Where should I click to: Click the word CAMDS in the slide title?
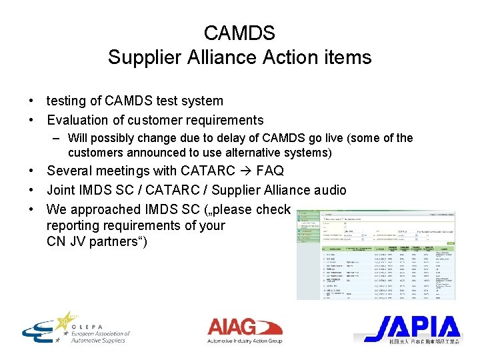pyautogui.click(x=239, y=33)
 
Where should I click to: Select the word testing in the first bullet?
pyautogui.click(x=67, y=101)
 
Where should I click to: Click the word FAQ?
pyautogui.click(x=269, y=171)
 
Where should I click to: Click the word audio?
pyautogui.click(x=327, y=191)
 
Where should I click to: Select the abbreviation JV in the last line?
pyautogui.click(x=77, y=241)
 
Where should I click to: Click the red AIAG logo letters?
pyautogui.click(x=231, y=327)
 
